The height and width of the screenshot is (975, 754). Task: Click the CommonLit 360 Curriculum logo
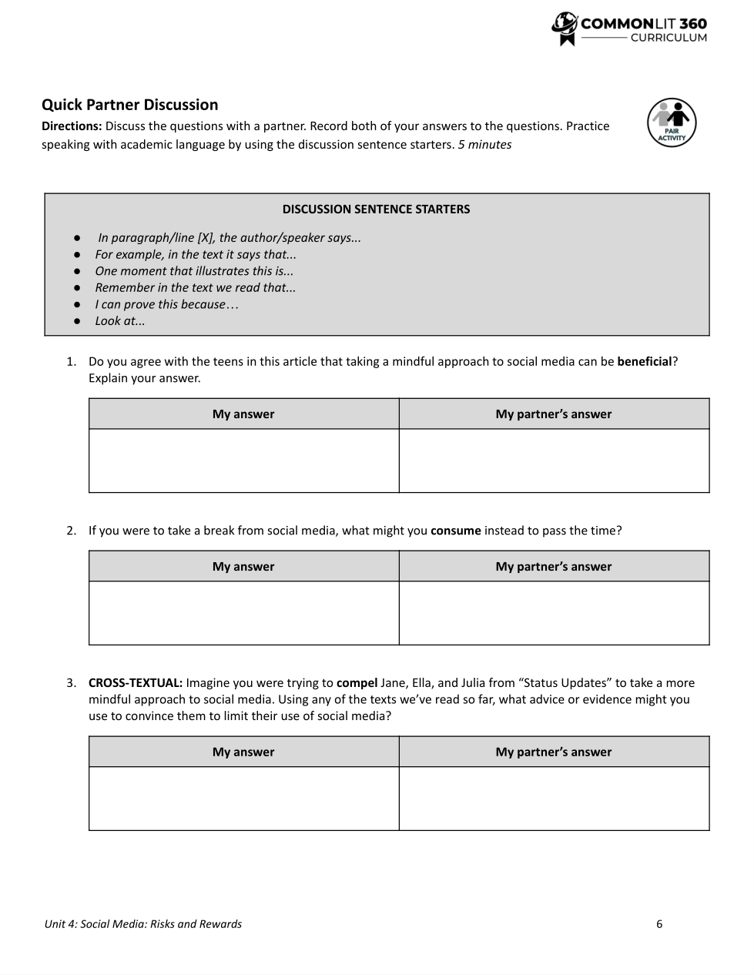click(x=629, y=29)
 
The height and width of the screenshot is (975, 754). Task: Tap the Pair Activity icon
click(x=671, y=123)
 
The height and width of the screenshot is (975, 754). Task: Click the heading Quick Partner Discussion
click(x=129, y=105)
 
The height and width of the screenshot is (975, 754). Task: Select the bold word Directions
click(x=71, y=126)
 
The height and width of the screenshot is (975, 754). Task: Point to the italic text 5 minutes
click(x=484, y=145)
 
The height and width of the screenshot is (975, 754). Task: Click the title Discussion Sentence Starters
click(x=376, y=209)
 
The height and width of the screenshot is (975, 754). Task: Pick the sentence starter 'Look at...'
click(x=120, y=321)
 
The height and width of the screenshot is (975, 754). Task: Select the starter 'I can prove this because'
click(x=166, y=304)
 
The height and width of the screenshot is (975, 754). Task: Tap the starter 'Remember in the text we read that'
click(x=195, y=288)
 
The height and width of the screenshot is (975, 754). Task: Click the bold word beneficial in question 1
click(x=645, y=362)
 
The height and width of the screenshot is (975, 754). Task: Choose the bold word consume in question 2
click(x=455, y=531)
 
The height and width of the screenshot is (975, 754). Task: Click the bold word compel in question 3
click(x=357, y=683)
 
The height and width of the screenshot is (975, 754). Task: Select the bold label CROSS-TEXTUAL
click(x=136, y=683)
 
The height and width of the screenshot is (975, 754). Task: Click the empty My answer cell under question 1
click(x=243, y=461)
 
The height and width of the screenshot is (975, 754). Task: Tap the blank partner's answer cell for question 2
click(x=554, y=613)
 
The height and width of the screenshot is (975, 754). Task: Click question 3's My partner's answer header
click(x=553, y=752)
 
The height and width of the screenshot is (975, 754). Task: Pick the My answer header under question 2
click(x=243, y=567)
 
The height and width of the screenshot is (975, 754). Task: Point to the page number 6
click(x=659, y=924)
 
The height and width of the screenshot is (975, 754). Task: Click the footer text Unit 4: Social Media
click(x=142, y=924)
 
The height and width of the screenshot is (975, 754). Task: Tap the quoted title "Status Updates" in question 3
click(x=565, y=683)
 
